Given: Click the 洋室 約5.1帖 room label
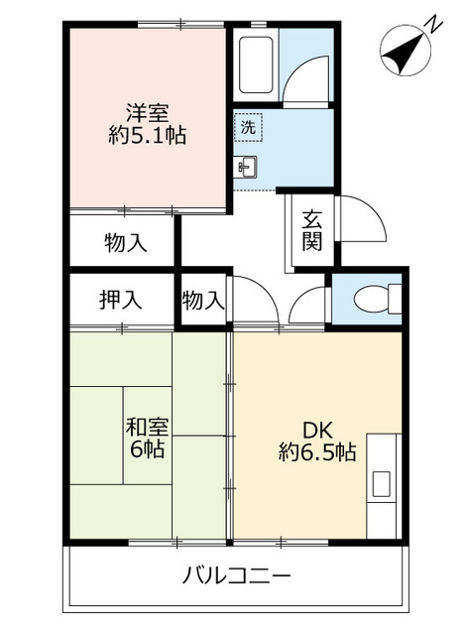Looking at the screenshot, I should (x=147, y=122).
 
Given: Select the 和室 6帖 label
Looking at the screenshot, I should (x=147, y=438).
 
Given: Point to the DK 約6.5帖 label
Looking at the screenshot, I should (x=315, y=442).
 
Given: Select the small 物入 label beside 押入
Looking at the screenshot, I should (x=203, y=299).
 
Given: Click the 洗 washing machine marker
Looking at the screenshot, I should (x=249, y=127).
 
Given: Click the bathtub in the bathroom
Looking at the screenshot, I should (x=256, y=65).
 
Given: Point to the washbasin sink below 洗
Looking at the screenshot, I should (x=247, y=167).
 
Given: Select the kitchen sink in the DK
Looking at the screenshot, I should (x=382, y=485).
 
